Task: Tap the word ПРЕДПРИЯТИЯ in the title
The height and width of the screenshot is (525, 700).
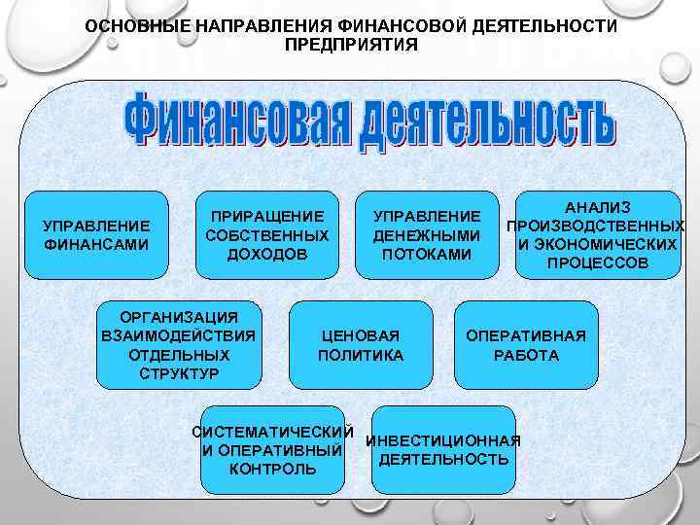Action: [x=351, y=45]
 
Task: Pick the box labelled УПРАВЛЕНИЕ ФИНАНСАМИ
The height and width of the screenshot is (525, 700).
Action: [x=96, y=235]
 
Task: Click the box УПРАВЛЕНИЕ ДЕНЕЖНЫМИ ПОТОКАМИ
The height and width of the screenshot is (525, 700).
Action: [x=427, y=234]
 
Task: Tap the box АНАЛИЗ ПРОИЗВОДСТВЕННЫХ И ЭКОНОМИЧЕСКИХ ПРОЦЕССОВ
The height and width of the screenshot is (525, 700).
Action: [x=597, y=234]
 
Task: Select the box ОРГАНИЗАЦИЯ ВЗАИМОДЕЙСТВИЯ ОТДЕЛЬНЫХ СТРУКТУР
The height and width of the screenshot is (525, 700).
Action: [x=179, y=346]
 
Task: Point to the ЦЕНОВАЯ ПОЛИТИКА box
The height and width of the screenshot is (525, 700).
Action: [x=361, y=345]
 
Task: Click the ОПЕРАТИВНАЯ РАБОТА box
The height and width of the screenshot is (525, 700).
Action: [x=526, y=345]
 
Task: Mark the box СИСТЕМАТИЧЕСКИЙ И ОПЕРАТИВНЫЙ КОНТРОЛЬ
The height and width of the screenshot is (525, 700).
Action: [x=272, y=450]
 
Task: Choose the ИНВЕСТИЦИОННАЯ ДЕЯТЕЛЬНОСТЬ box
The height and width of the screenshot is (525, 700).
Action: [x=444, y=449]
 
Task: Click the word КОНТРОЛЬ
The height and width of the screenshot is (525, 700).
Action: [x=272, y=469]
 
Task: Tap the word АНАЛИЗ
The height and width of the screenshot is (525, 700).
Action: [x=597, y=207]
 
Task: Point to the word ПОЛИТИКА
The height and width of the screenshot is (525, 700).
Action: [x=361, y=355]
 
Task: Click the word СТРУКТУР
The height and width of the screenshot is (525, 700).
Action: [x=179, y=373]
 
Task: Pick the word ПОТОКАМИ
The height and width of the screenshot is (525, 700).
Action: [x=427, y=254]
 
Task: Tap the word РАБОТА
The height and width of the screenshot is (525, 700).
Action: [x=526, y=355]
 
